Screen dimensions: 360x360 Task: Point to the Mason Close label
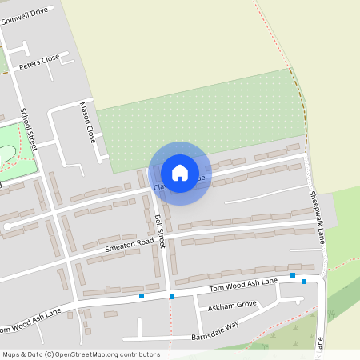[x=87, y=122]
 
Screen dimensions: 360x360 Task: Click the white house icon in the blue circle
[x=180, y=172]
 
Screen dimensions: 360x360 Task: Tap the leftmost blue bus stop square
[x=142, y=296]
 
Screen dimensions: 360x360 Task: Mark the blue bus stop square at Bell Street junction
[x=172, y=297]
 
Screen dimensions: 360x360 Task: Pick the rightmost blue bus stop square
[x=304, y=282]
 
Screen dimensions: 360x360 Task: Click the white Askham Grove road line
[x=264, y=302]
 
